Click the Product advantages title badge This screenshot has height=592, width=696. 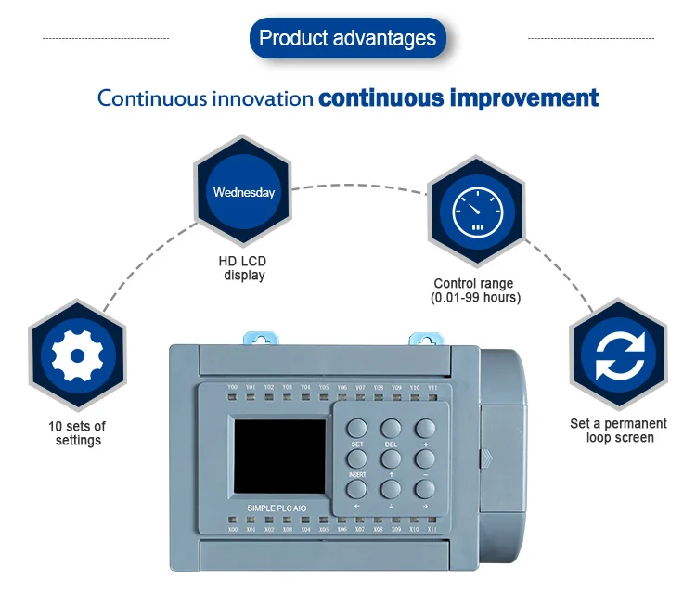(347, 39)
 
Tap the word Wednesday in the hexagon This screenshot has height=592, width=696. (243, 193)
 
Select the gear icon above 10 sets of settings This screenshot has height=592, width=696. (76, 355)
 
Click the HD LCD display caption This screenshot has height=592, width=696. (242, 268)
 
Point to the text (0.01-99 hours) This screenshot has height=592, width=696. (475, 298)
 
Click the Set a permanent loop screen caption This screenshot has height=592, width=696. (618, 431)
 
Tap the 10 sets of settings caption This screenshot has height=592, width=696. (77, 433)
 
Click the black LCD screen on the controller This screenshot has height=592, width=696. (279, 455)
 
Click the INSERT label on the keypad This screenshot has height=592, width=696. (357, 475)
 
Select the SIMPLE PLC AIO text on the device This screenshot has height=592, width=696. (282, 508)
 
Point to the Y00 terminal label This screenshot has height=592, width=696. (232, 387)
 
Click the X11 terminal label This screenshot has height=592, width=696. (432, 530)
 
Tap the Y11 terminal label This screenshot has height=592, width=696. (432, 387)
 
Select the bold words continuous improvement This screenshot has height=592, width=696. (458, 98)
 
